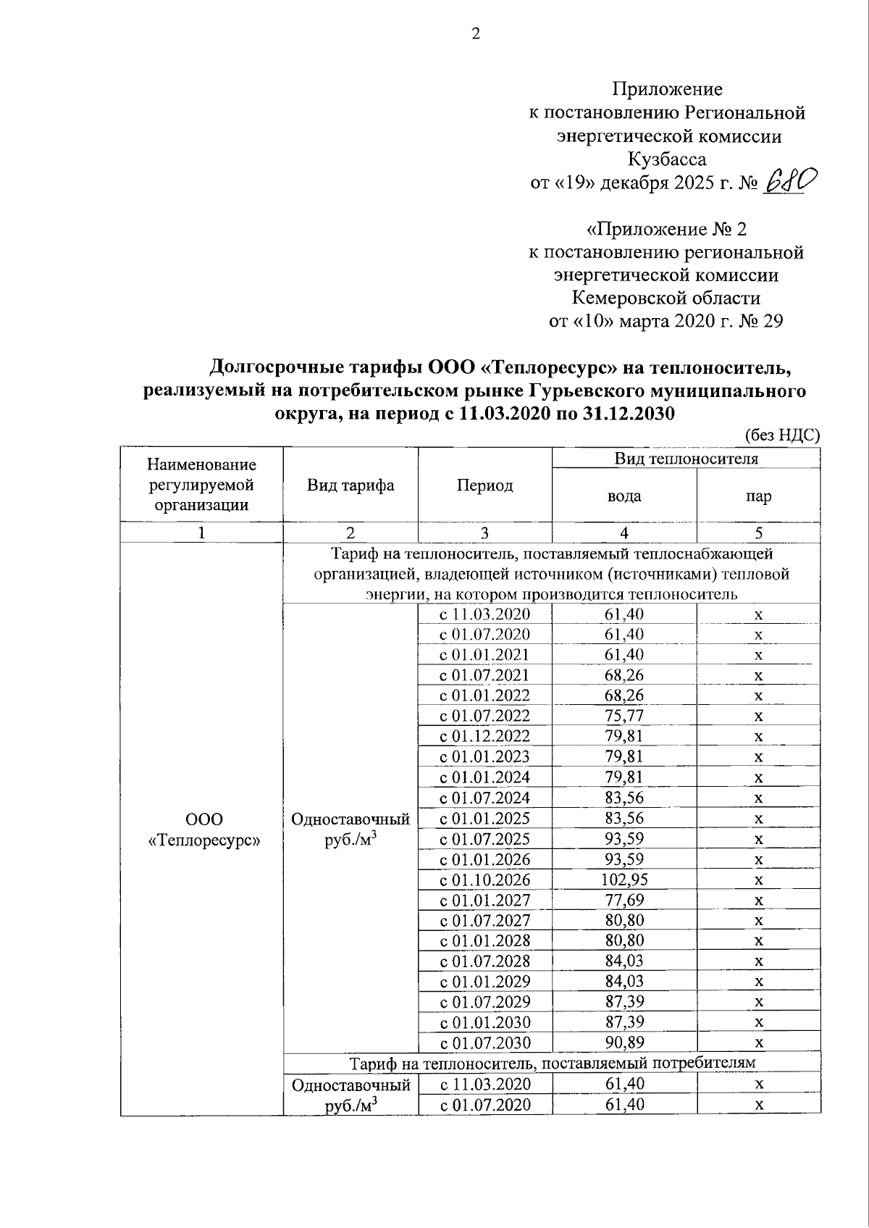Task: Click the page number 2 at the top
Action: (476, 35)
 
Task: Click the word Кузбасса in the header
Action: (667, 159)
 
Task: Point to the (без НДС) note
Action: (782, 435)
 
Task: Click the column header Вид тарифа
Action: (350, 485)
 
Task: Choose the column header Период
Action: (484, 485)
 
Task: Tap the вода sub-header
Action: (624, 496)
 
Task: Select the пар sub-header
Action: (758, 496)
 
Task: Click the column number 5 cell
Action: (758, 532)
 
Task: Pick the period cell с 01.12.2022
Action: (484, 737)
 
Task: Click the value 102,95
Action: (624, 880)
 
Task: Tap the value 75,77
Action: (624, 716)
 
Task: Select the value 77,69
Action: (624, 900)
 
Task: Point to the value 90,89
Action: (624, 1043)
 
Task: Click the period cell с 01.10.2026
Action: (484, 880)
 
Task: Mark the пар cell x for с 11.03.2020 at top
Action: (758, 615)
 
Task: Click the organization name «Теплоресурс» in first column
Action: (203, 840)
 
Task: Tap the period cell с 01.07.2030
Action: (484, 1043)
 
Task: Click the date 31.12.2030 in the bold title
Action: (629, 414)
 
